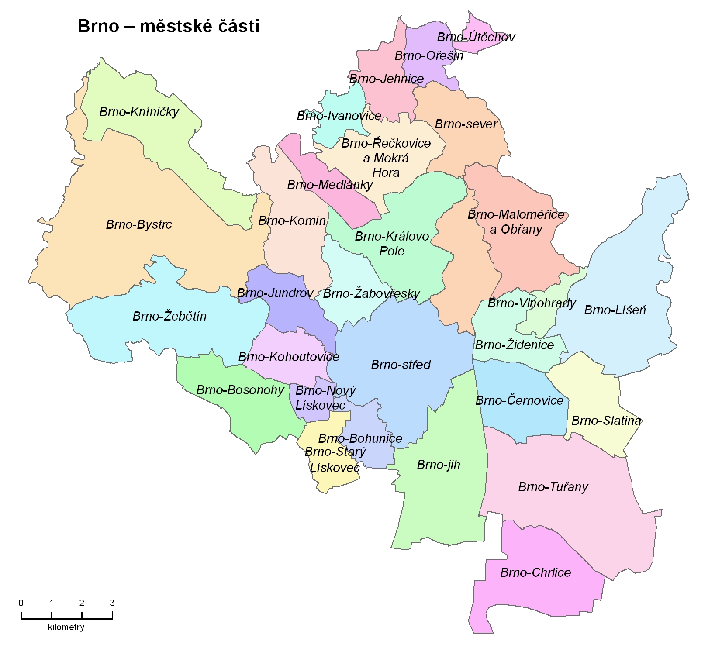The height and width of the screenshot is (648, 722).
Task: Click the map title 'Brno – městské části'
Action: tap(168, 26)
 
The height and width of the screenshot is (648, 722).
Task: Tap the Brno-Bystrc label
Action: tap(139, 224)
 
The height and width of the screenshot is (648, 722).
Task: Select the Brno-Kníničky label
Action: tap(139, 112)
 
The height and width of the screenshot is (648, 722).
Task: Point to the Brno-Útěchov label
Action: tap(476, 37)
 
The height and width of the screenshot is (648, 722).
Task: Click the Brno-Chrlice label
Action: tap(535, 572)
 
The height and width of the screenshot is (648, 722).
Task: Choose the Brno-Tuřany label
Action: tap(553, 487)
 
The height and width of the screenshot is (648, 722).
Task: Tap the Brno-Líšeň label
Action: tap(615, 310)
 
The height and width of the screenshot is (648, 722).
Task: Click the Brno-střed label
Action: tap(401, 365)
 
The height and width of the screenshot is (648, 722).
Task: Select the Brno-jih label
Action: tap(439, 465)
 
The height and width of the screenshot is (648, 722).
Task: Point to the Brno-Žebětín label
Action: tap(169, 316)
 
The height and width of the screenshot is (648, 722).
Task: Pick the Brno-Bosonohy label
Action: tap(240, 390)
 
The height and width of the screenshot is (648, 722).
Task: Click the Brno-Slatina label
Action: tap(606, 421)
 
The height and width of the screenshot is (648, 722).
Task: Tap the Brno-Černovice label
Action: tap(519, 400)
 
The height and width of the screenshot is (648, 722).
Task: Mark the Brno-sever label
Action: tap(466, 124)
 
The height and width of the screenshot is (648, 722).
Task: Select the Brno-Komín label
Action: tap(292, 221)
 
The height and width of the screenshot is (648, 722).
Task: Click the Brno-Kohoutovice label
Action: tap(289, 357)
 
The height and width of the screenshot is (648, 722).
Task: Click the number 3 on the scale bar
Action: tap(112, 603)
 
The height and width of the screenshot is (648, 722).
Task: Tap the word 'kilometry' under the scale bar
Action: tap(66, 627)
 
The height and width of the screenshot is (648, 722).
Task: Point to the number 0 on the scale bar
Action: tap(21, 603)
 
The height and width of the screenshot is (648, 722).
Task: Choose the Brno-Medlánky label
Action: tap(330, 185)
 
